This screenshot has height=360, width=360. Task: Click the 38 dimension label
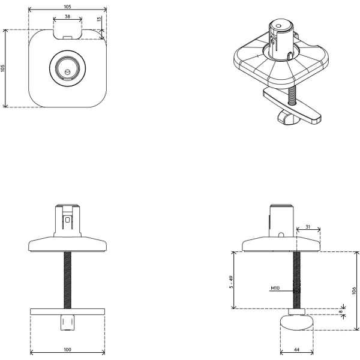67,17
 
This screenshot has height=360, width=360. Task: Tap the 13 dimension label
99,19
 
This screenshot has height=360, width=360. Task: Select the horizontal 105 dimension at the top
67,7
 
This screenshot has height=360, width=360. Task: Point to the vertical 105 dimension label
3,68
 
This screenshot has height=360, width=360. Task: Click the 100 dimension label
67,350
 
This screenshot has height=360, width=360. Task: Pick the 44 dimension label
296,350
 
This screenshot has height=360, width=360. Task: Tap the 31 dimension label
308,227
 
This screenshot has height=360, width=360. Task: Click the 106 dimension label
354,290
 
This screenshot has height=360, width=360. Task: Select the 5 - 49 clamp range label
231,282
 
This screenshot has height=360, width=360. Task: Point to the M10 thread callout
275,288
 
